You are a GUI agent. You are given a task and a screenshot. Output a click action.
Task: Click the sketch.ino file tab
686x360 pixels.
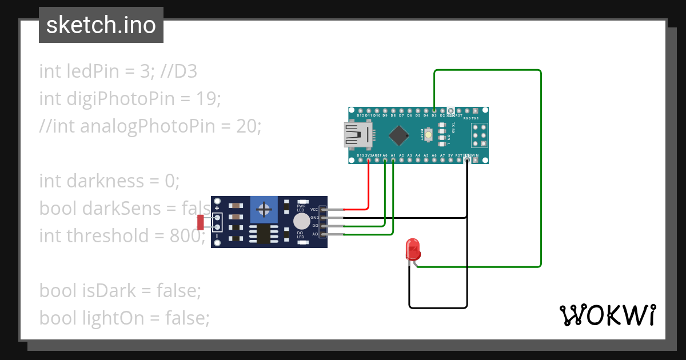pyautogui.click(x=101, y=25)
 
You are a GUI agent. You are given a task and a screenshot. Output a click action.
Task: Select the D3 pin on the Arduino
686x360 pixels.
pyautogui.click(x=434, y=110)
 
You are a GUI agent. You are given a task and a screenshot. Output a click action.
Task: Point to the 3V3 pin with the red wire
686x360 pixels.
pyautogui.click(x=369, y=161)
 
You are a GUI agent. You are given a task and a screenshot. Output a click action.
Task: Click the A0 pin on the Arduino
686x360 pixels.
pyautogui.click(x=385, y=161)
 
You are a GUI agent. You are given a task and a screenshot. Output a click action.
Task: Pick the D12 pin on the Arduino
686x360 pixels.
pyautogui.click(x=360, y=110)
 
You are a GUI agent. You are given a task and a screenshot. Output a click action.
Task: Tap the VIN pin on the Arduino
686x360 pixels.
pyautogui.click(x=476, y=161)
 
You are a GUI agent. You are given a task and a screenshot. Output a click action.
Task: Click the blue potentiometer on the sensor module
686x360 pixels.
pyautogui.click(x=264, y=209)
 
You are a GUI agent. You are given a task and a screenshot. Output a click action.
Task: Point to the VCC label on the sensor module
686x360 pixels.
pyautogui.click(x=314, y=210)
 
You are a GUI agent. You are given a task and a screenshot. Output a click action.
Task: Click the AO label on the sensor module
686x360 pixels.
pyautogui.click(x=314, y=234)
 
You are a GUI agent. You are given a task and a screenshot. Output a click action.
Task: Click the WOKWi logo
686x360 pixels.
pyautogui.click(x=607, y=315)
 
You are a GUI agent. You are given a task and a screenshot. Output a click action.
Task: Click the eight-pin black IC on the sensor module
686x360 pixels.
pyautogui.click(x=264, y=234)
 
